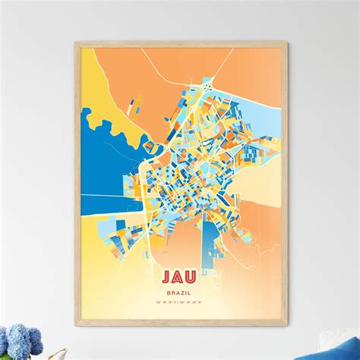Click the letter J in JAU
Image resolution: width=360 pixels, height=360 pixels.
[167, 275]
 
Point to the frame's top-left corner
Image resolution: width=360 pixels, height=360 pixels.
[75, 43]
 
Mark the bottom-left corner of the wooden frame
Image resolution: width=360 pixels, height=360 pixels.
[75, 318]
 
